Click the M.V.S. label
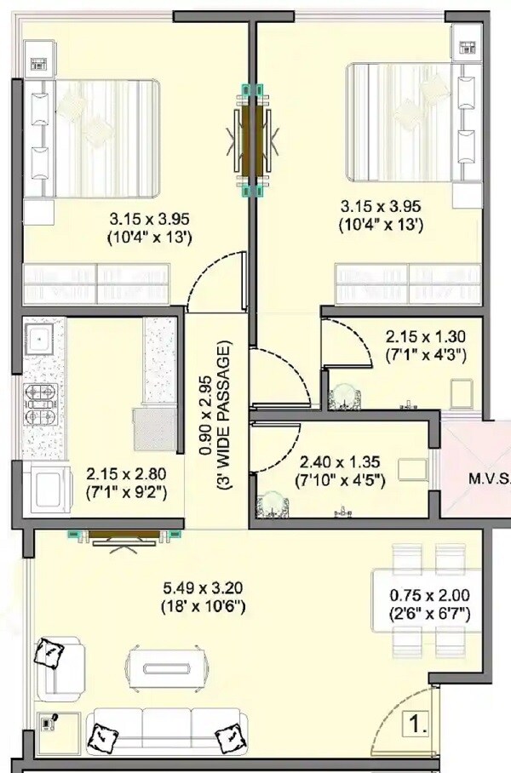[x=490, y=478]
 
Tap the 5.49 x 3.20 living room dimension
[x=203, y=597]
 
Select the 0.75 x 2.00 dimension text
[x=429, y=604]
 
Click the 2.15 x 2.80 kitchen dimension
[x=125, y=482]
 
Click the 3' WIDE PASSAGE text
[x=225, y=417]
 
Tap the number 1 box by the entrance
[x=416, y=727]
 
